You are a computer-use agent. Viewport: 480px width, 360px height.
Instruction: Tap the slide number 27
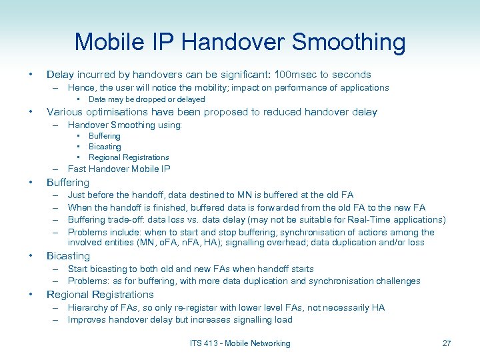pyautogui.click(x=446, y=343)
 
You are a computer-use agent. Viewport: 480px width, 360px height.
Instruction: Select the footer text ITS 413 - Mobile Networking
pyautogui.click(x=239, y=343)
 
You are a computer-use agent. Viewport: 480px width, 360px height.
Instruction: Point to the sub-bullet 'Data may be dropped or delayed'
pyautogui.click(x=147, y=99)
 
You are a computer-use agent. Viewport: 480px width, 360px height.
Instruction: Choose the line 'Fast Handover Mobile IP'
pyautogui.click(x=119, y=169)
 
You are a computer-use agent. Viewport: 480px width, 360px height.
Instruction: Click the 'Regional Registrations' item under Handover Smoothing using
pyautogui.click(x=129, y=157)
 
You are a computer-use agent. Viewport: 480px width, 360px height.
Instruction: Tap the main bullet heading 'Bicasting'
pyautogui.click(x=68, y=256)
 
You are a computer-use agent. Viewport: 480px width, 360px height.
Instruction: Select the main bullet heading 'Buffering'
pyautogui.click(x=68, y=183)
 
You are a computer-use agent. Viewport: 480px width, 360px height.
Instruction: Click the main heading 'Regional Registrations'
pyautogui.click(x=100, y=295)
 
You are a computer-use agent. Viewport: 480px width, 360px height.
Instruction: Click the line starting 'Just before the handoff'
pyautogui.click(x=211, y=195)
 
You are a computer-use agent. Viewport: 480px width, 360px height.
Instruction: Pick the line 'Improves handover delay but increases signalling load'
pyautogui.click(x=180, y=320)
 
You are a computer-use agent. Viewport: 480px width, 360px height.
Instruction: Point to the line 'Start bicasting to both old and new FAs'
pyautogui.click(x=191, y=269)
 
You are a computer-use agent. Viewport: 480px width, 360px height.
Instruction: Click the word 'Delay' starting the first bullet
pyautogui.click(x=60, y=75)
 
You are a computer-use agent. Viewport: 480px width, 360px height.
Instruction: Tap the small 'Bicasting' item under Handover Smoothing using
pyautogui.click(x=105, y=147)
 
